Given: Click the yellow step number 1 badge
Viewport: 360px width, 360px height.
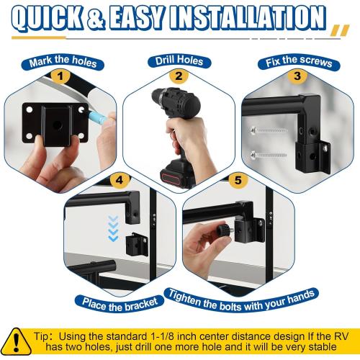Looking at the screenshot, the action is coord(60,76).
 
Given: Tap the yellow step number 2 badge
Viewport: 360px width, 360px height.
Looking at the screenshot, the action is coord(179,76).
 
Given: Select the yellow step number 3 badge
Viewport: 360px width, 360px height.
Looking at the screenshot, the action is coord(297,76).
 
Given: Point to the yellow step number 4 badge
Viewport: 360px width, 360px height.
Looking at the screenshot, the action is coord(120,180).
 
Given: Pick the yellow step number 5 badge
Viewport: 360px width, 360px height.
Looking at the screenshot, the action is coord(238,180).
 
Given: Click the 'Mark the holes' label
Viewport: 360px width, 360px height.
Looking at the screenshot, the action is coord(63,62).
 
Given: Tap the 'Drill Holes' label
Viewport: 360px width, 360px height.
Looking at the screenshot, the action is coord(179,61).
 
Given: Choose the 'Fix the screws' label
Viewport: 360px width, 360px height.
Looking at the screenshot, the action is coord(299,62).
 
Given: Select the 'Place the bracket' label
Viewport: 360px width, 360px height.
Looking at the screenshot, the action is coord(120,305).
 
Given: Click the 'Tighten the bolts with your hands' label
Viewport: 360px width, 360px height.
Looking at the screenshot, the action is coord(241,301).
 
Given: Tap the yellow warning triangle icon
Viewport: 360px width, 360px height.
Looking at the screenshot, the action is coord(17,341).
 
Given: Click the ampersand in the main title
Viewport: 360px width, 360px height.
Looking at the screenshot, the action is coord(96,18).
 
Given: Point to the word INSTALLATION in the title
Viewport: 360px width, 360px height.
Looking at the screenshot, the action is coord(248,18).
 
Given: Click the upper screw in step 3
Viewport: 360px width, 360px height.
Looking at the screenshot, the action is coord(269,131).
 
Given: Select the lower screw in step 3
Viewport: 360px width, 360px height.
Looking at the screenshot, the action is coord(269,155).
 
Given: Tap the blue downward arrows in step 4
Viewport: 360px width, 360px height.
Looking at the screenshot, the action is coord(113,228).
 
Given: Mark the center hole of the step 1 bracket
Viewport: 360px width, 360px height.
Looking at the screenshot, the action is coord(57,125).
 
